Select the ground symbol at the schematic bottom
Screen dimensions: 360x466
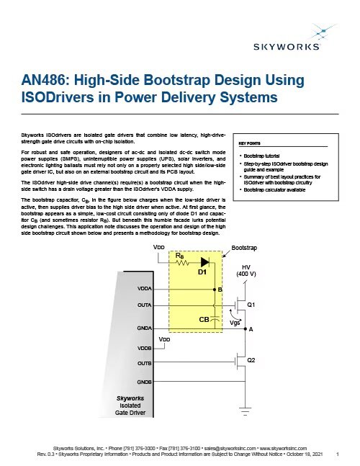[x=244, y=411]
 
